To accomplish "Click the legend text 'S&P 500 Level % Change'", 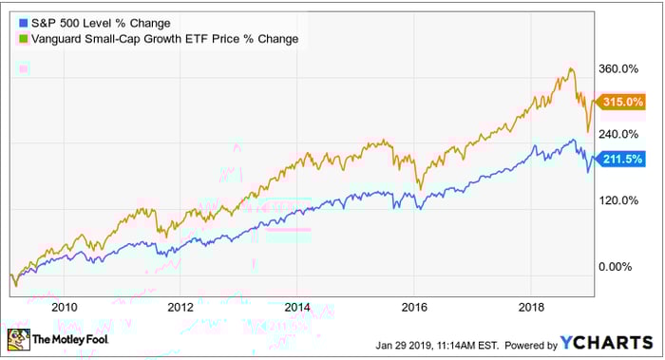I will point(90,22).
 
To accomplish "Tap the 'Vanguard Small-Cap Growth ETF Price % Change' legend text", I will point(162,38).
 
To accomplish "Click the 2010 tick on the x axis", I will point(65,306).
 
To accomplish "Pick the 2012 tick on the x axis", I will point(180,306).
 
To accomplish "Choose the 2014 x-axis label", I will point(297,306).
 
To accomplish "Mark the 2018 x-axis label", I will point(530,306).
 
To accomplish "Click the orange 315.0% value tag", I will point(622,102).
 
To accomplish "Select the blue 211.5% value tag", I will point(622,159).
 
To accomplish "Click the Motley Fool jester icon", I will point(18,339).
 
